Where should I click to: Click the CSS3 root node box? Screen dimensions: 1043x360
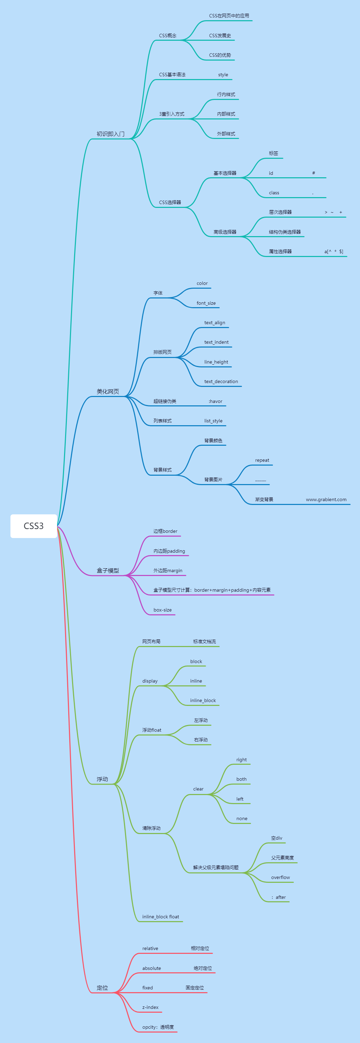(34, 526)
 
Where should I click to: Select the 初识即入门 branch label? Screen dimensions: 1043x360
(110, 134)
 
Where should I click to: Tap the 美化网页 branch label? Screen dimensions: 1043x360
(108, 391)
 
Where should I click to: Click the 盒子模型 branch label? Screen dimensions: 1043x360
(108, 570)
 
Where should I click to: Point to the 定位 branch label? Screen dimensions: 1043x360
(102, 988)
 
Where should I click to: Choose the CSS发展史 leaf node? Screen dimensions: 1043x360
(220, 36)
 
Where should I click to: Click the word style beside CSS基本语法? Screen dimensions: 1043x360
(223, 75)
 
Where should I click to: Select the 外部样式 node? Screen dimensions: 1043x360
(226, 134)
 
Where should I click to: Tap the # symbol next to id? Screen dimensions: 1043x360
(313, 173)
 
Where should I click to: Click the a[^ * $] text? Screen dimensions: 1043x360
(334, 252)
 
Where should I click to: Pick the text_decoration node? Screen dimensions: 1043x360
(221, 382)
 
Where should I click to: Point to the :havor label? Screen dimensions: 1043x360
(216, 402)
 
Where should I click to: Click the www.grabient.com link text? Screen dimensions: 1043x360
(326, 500)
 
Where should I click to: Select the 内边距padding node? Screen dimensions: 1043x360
(169, 551)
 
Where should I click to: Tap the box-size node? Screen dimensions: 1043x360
(162, 610)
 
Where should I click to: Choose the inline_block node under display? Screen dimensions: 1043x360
(203, 700)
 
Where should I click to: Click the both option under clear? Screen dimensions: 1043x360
(241, 779)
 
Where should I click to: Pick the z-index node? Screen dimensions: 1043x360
(150, 1007)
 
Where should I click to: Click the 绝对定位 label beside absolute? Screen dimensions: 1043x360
(203, 968)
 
